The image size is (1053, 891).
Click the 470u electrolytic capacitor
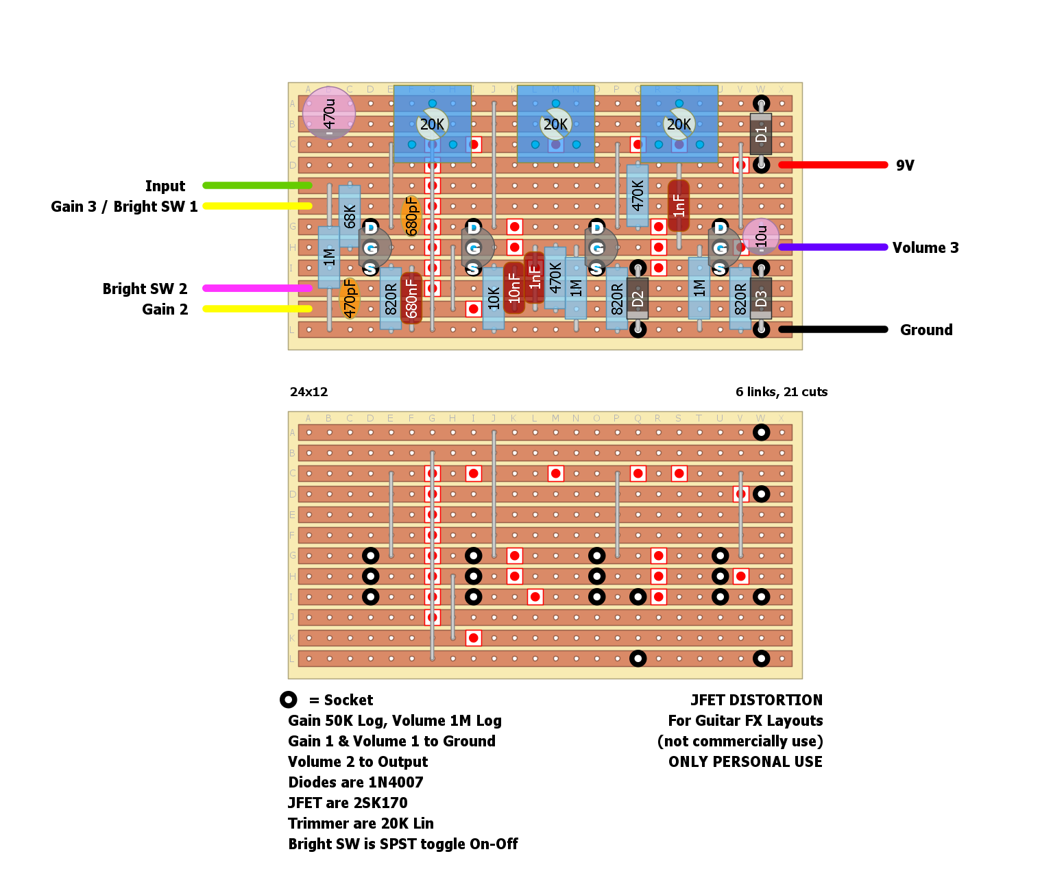pyautogui.click(x=329, y=113)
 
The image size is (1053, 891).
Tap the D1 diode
pyautogui.click(x=761, y=134)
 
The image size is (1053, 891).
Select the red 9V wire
pyautogui.click(x=833, y=165)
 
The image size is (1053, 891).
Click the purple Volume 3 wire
pyautogui.click(x=833, y=247)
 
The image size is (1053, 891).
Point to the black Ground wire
pyautogui.click(x=833, y=330)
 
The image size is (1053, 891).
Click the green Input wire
pyautogui.click(x=257, y=186)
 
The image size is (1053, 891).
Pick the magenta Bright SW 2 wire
pyautogui.click(x=257, y=289)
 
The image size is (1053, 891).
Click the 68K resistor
pyautogui.click(x=350, y=216)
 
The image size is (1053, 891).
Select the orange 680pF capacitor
pyautogui.click(x=411, y=216)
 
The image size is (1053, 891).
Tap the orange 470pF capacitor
pyautogui.click(x=350, y=298)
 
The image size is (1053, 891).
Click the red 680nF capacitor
pyautogui.click(x=411, y=298)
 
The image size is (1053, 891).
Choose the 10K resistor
pyautogui.click(x=494, y=298)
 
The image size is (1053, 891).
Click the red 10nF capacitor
pyautogui.click(x=514, y=288)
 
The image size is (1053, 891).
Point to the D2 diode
pyautogui.click(x=638, y=298)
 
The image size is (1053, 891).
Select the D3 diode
pyautogui.click(x=761, y=298)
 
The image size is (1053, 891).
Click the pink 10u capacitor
pyautogui.click(x=761, y=236)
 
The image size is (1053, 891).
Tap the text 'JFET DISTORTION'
pyautogui.click(x=756, y=700)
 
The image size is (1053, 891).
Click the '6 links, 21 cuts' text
pyautogui.click(x=782, y=392)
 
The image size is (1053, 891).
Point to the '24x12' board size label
pyautogui.click(x=308, y=392)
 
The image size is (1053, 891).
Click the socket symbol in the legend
pyautogui.click(x=289, y=700)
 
